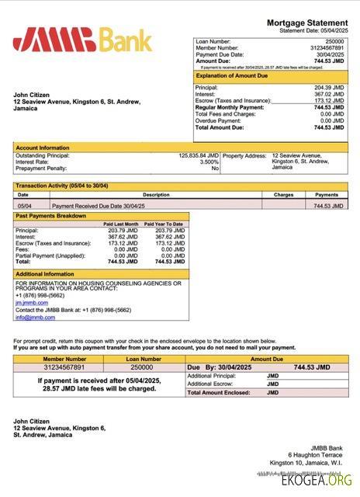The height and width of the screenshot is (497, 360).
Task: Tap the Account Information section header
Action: (x=43, y=148)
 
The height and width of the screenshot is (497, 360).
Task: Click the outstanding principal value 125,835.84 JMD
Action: (x=199, y=155)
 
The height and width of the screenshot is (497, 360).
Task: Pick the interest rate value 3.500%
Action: (x=209, y=162)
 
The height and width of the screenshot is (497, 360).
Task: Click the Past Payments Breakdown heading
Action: (x=50, y=216)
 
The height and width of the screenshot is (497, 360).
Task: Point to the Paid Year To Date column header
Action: (x=167, y=224)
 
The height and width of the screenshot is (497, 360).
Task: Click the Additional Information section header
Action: (x=45, y=274)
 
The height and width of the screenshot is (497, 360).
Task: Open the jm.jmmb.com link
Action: (x=26, y=302)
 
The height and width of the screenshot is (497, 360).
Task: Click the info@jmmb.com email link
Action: (x=29, y=317)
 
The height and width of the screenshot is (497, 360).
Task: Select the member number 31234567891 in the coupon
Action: (x=64, y=367)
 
